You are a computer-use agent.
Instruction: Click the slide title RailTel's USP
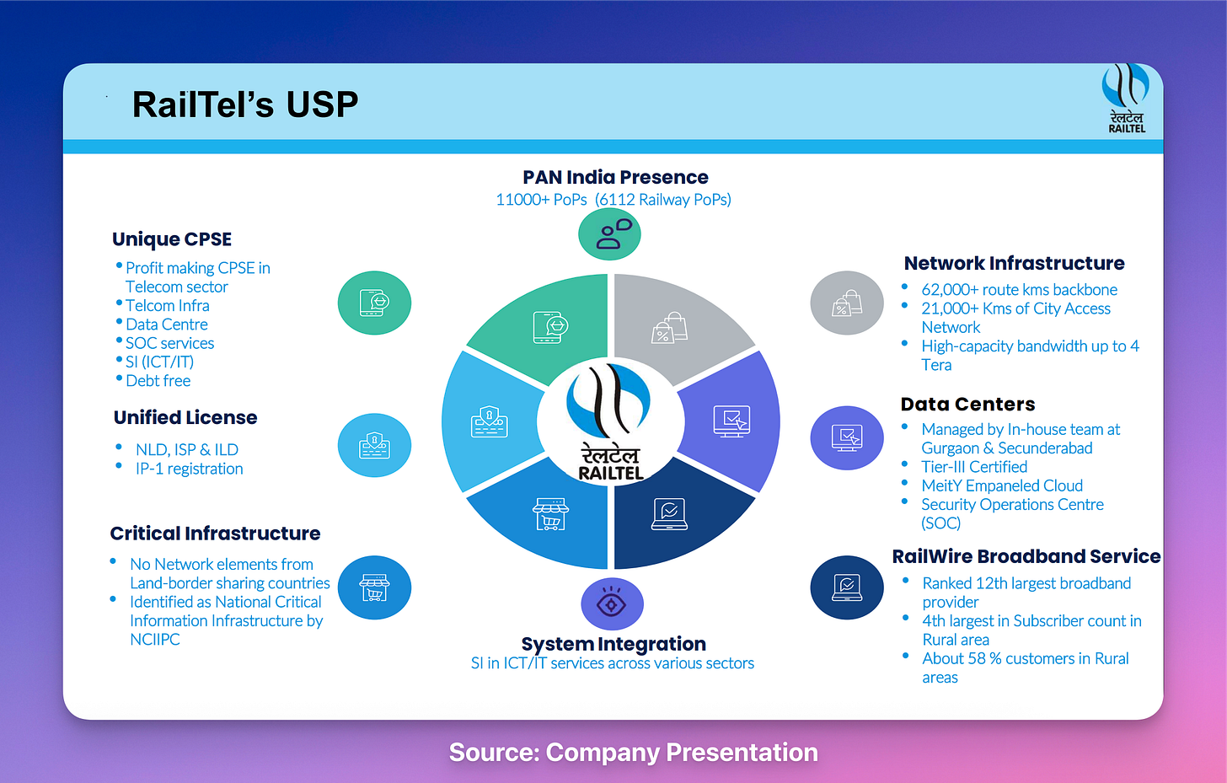coord(244,105)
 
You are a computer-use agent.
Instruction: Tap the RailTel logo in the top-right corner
coord(1126,98)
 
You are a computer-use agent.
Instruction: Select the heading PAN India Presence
coord(615,178)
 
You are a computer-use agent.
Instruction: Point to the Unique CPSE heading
coord(172,239)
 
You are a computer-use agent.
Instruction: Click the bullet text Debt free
coord(158,381)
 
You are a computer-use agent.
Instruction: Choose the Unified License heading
coord(185,418)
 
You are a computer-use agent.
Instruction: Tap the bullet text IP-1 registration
coord(190,469)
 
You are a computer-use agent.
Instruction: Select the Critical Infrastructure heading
coord(215,534)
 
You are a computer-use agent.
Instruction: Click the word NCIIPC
coord(155,640)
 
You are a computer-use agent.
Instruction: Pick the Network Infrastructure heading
coord(1014,264)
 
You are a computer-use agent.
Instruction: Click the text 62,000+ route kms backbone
coord(1019,290)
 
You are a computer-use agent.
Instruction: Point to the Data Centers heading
coord(967,405)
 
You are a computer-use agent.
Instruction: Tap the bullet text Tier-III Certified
coord(974,467)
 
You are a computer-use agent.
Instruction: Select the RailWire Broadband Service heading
coord(1026,557)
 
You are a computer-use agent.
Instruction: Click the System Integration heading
coord(613,644)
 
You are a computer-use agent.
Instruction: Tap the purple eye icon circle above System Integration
coord(612,604)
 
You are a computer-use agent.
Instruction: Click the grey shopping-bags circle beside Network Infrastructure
coord(847,303)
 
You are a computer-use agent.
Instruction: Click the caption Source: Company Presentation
coord(633,753)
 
